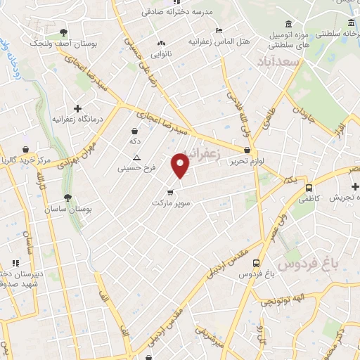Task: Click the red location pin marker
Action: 181,165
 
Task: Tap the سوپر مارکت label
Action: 170,202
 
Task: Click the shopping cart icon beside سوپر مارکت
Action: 170,191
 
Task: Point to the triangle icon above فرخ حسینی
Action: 137,157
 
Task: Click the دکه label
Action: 135,141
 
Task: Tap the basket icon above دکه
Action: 134,130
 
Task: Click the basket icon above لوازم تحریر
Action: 246,149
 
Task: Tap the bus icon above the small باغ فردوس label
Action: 256,264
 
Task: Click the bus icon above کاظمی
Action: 309,187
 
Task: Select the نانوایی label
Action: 162,53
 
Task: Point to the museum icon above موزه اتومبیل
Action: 290,23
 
